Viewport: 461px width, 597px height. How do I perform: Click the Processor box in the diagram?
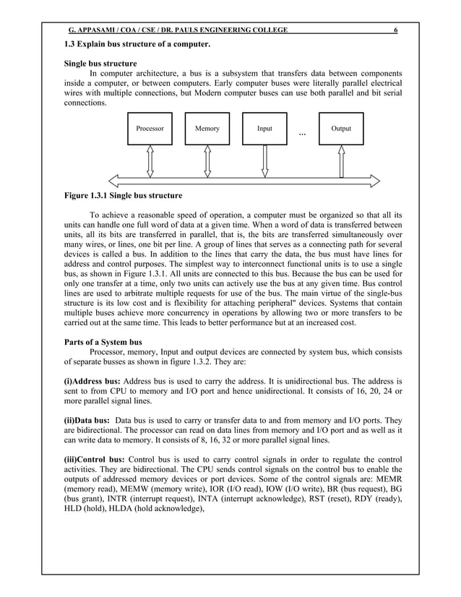150,129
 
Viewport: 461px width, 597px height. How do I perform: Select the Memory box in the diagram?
207,129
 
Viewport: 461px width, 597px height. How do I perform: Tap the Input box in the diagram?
265,129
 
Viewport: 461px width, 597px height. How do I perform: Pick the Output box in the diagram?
340,129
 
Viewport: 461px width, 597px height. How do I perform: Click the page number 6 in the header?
395,30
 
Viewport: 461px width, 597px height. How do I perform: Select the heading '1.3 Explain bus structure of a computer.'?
138,46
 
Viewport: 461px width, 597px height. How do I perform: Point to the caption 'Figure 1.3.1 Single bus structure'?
124,196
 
